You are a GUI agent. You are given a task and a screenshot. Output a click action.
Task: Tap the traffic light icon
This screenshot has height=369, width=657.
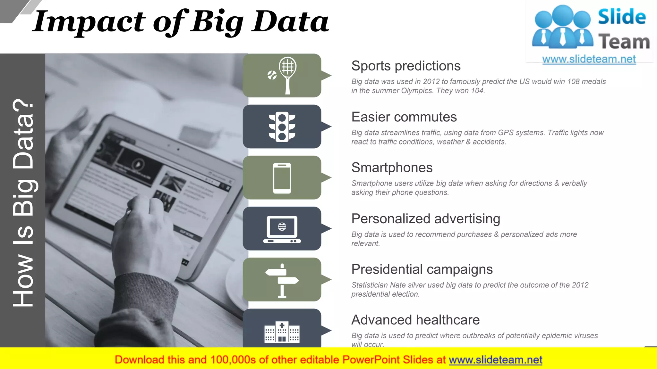(x=282, y=127)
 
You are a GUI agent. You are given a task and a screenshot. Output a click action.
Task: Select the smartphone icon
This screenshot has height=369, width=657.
(x=282, y=178)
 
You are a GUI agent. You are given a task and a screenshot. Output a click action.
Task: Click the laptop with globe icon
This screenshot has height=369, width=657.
(x=282, y=229)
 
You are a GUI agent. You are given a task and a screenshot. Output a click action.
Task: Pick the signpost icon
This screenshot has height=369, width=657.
(x=282, y=281)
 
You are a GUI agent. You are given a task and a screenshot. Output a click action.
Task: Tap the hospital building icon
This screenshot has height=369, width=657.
(x=282, y=332)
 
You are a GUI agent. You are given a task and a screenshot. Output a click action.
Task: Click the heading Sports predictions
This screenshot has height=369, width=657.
(x=406, y=66)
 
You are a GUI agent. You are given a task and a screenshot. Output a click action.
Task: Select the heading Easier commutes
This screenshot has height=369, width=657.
(x=404, y=117)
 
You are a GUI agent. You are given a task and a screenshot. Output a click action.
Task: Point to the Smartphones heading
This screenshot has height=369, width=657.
(x=392, y=168)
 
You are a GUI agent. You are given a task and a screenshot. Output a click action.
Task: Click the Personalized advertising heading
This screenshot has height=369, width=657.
(x=425, y=219)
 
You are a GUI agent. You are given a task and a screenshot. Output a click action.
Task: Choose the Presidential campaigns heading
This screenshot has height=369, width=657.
(x=422, y=269)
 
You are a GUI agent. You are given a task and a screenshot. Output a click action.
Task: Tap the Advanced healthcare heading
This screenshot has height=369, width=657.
(x=415, y=320)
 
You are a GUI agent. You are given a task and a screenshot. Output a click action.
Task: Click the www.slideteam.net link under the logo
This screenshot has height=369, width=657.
(x=589, y=59)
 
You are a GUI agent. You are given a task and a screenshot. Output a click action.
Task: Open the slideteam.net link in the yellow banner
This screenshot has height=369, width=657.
(x=495, y=360)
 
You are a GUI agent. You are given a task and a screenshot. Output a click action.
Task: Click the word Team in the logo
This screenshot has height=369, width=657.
(x=624, y=42)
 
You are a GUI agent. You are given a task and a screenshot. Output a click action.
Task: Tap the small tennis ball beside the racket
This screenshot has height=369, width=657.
(x=272, y=75)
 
